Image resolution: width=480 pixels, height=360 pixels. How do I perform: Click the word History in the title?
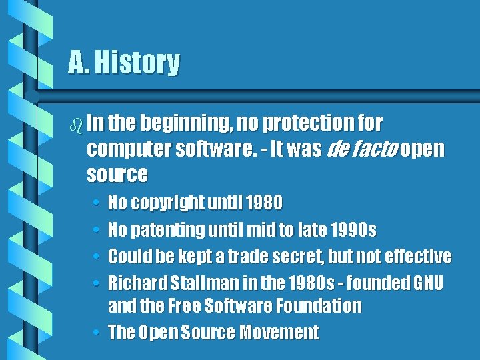[137, 63]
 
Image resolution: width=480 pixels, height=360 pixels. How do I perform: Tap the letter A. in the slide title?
[79, 63]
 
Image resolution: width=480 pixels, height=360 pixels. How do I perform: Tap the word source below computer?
[117, 174]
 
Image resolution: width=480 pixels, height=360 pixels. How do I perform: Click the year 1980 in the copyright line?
[264, 202]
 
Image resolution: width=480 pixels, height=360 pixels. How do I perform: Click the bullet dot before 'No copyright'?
[97, 202]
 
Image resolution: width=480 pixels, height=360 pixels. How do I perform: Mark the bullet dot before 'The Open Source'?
[97, 332]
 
